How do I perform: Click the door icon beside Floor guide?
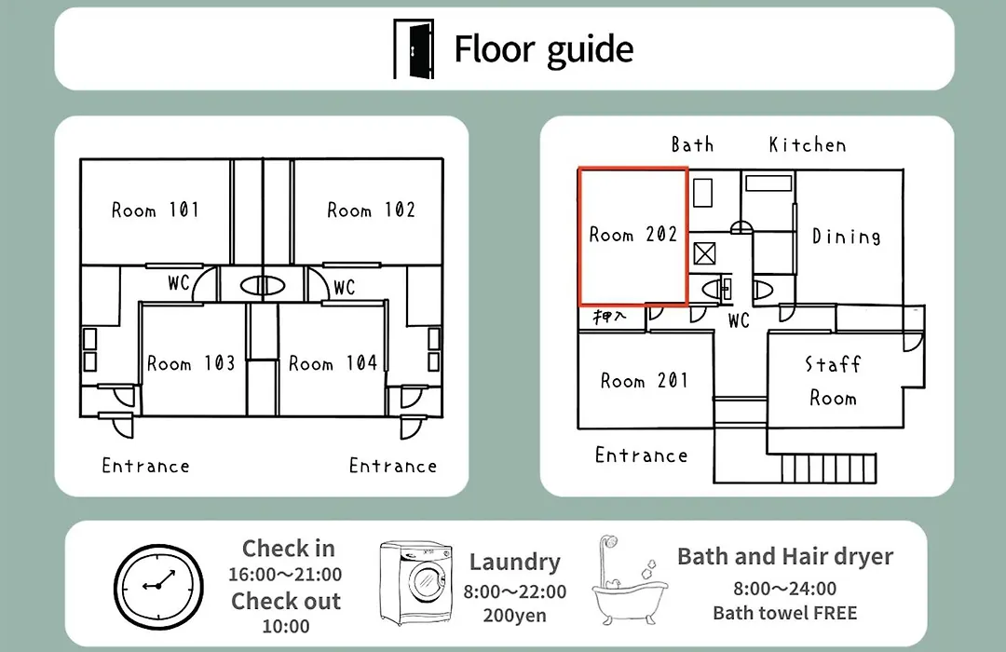[x=414, y=48]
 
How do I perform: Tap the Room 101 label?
[x=156, y=210]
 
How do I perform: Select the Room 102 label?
[x=371, y=210]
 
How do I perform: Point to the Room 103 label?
[x=191, y=363]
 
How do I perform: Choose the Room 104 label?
[x=333, y=363]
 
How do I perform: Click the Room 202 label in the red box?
[x=633, y=234]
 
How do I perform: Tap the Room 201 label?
[x=645, y=381]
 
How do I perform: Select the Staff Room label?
[x=833, y=381]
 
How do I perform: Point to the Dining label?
[x=846, y=237]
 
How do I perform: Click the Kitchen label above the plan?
[x=808, y=145]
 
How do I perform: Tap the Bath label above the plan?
[x=692, y=144]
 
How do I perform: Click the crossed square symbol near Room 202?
[x=704, y=253]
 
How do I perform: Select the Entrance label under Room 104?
[x=393, y=466]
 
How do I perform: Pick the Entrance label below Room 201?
[x=641, y=455]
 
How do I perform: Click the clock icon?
[x=158, y=586]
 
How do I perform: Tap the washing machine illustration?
[x=415, y=583]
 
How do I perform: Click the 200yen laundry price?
[x=514, y=616]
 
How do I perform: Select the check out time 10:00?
[x=286, y=626]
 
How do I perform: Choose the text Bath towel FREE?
[x=784, y=613]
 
